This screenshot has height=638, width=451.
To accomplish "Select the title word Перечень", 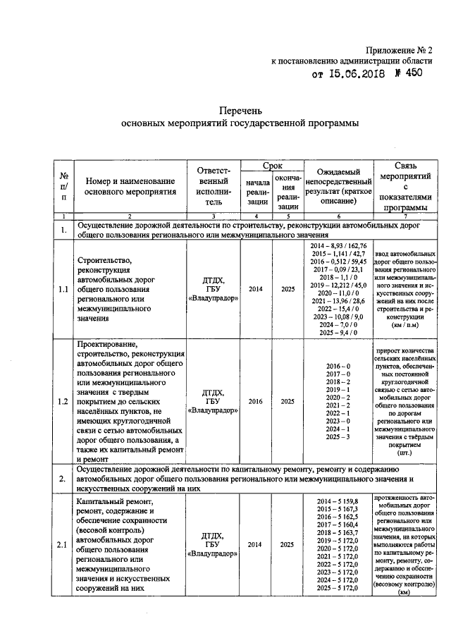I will [x=240, y=111].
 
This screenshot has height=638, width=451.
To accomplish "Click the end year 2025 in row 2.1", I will [x=288, y=544].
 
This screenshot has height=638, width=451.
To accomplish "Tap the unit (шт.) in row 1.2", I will [x=404, y=453].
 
